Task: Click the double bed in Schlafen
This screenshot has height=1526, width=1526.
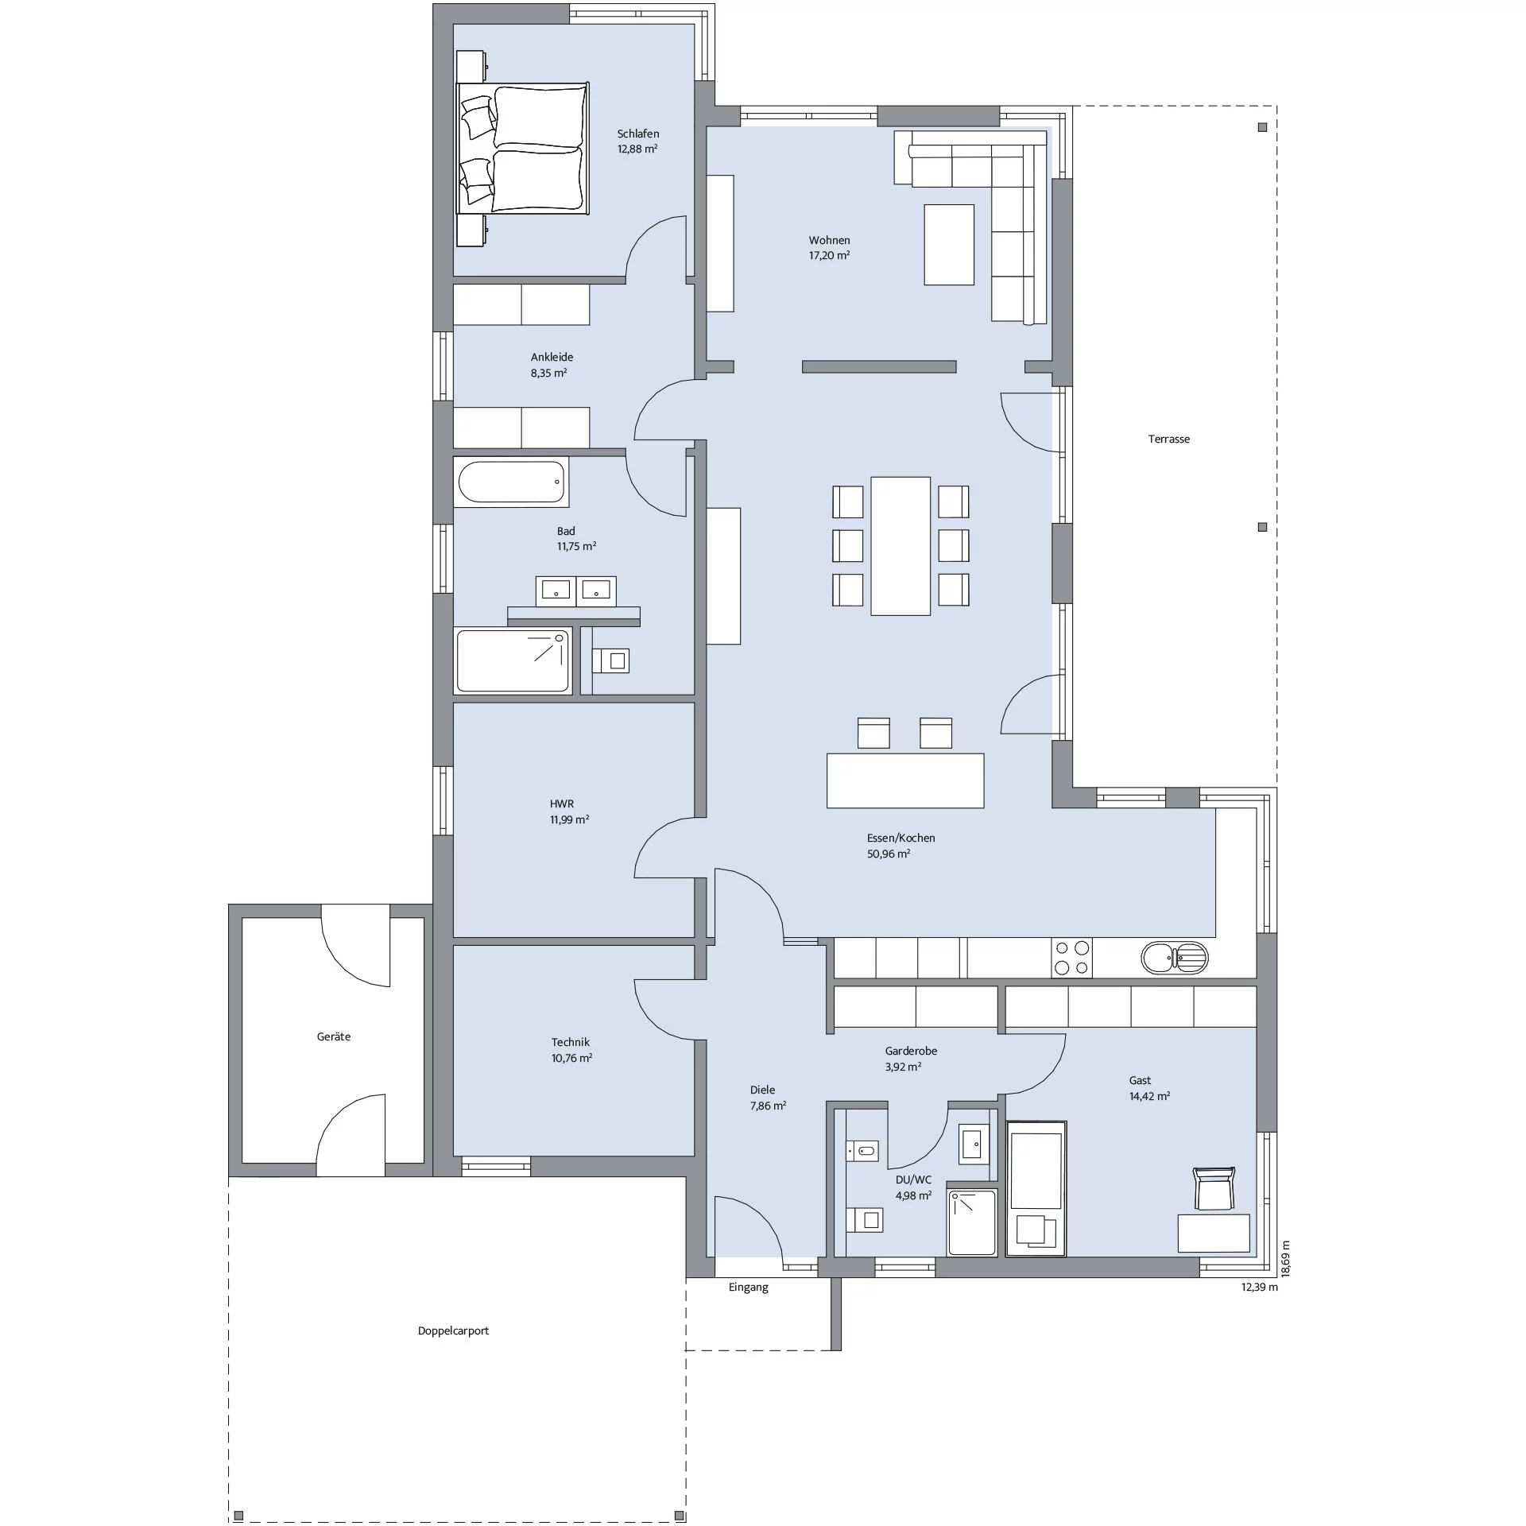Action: click(x=522, y=148)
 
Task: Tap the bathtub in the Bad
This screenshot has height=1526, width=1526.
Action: click(x=512, y=482)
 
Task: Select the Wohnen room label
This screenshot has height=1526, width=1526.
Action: click(x=829, y=240)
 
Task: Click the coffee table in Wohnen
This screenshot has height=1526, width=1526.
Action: click(x=949, y=244)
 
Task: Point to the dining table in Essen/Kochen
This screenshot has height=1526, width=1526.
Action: click(x=900, y=546)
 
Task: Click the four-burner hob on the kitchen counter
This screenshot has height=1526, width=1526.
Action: click(x=1071, y=958)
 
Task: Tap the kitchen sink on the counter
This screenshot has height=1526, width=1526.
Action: click(x=1174, y=958)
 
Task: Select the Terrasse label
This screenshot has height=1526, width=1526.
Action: click(x=1168, y=439)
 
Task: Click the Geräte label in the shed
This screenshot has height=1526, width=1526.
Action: click(x=334, y=1037)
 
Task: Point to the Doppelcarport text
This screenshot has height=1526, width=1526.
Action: click(x=453, y=1330)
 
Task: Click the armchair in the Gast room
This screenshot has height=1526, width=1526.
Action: click(x=1214, y=1188)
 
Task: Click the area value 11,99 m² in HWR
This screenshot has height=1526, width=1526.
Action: click(x=569, y=819)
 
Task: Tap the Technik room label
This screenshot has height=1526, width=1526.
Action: click(x=571, y=1042)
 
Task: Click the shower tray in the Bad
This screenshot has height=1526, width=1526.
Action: click(x=513, y=660)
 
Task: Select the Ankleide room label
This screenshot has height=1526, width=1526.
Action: click(x=552, y=358)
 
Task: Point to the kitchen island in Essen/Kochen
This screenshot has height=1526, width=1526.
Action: click(x=905, y=780)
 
